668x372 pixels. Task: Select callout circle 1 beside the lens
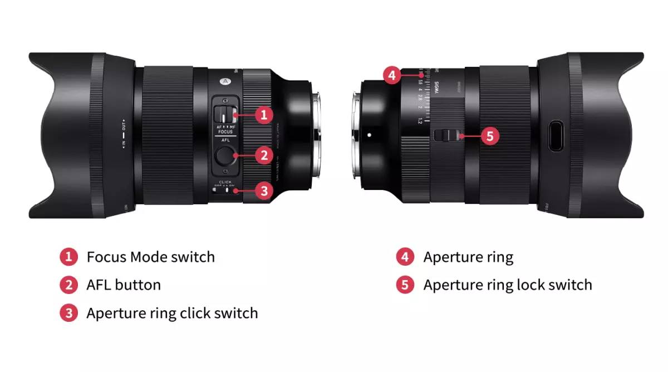[x=263, y=115]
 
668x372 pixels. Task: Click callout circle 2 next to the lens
[x=263, y=155]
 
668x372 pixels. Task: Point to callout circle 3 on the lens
[x=263, y=190]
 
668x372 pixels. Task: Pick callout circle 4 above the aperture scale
[x=392, y=75]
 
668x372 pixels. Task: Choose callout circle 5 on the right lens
[x=489, y=135]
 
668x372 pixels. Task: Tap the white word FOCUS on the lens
[x=225, y=132]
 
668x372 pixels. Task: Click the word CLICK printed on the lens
[x=225, y=182]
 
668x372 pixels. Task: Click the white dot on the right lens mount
[x=369, y=134]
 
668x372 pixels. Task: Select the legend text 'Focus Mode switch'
[x=150, y=257]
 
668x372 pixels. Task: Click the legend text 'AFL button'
[x=124, y=285]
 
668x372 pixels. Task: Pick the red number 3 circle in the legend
[x=68, y=313]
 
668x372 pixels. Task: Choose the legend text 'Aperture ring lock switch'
[x=507, y=285]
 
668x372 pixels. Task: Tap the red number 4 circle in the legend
[x=405, y=257]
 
